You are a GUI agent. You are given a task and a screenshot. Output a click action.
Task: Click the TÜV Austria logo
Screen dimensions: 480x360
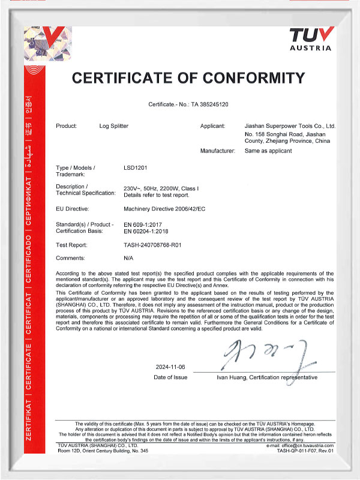tap(310, 38)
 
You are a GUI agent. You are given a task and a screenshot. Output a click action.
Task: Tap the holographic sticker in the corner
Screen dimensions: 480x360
tap(43, 43)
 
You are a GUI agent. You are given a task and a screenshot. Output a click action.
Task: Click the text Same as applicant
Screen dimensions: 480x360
tap(268, 151)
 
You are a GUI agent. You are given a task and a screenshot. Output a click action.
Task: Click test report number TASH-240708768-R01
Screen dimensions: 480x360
tap(155, 245)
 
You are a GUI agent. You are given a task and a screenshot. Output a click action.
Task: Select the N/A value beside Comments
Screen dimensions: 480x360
tap(128, 259)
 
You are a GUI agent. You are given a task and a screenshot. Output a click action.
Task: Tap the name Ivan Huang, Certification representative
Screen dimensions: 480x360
tap(267, 378)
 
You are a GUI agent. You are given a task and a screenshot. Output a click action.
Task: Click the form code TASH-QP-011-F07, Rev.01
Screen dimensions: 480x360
tap(305, 451)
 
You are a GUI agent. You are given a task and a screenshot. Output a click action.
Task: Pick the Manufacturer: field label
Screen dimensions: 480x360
tap(217, 151)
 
